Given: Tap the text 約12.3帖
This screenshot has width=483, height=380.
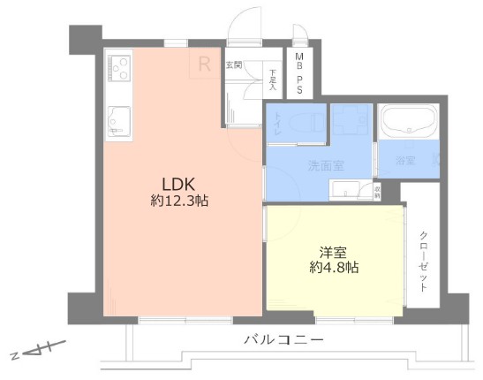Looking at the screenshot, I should click(178, 201).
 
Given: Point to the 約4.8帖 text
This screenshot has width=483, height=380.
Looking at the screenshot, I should click(334, 265).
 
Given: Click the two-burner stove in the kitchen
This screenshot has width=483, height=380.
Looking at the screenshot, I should click(119, 69).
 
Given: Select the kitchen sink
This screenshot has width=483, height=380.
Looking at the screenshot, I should click(119, 120).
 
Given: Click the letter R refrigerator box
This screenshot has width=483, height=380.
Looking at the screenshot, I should click(204, 64).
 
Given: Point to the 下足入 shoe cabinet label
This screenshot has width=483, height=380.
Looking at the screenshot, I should click(274, 81).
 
